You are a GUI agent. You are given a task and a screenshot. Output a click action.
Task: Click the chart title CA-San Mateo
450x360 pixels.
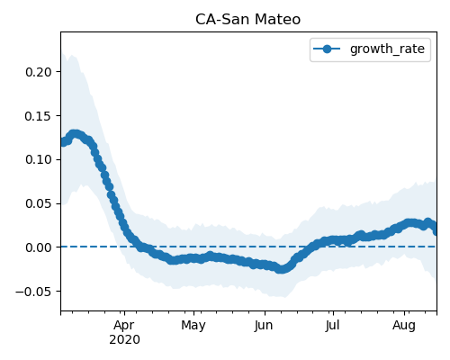point(247,20)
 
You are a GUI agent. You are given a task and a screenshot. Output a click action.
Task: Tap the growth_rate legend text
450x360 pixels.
point(387,49)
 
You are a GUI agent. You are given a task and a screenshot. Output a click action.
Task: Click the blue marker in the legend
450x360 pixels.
point(327,49)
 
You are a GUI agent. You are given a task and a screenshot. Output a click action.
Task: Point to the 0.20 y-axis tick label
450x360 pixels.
point(39,72)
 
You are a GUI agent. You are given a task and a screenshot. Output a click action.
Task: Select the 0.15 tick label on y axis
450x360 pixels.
point(39,116)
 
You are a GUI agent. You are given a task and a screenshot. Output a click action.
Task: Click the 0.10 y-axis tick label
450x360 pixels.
point(39,159)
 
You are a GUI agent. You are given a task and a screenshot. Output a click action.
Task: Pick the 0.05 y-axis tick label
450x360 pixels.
point(39,203)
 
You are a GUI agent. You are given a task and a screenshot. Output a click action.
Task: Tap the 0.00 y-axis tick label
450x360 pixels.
point(39,247)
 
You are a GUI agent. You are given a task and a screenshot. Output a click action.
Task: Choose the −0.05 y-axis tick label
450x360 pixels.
point(33,292)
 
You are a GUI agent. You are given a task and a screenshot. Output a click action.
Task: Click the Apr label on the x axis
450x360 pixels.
point(124,326)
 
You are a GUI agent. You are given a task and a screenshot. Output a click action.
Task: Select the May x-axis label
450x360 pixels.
point(193,326)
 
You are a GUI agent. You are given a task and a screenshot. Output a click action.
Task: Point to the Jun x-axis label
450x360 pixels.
point(264,326)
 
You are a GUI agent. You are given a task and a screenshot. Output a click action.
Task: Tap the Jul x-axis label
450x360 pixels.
point(332,326)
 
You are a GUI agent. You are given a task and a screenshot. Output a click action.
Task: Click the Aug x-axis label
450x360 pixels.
point(404,326)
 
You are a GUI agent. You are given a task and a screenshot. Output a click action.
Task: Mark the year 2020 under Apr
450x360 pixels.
point(124,340)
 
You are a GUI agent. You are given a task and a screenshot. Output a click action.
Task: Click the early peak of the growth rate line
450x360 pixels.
point(75,134)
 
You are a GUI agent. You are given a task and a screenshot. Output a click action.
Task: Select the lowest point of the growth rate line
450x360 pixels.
point(281,269)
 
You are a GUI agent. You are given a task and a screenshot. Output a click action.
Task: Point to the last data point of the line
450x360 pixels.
point(436,231)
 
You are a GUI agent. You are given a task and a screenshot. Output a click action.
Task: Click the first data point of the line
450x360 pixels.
point(63,142)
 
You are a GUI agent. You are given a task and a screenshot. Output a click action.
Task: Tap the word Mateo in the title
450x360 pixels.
point(278,20)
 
